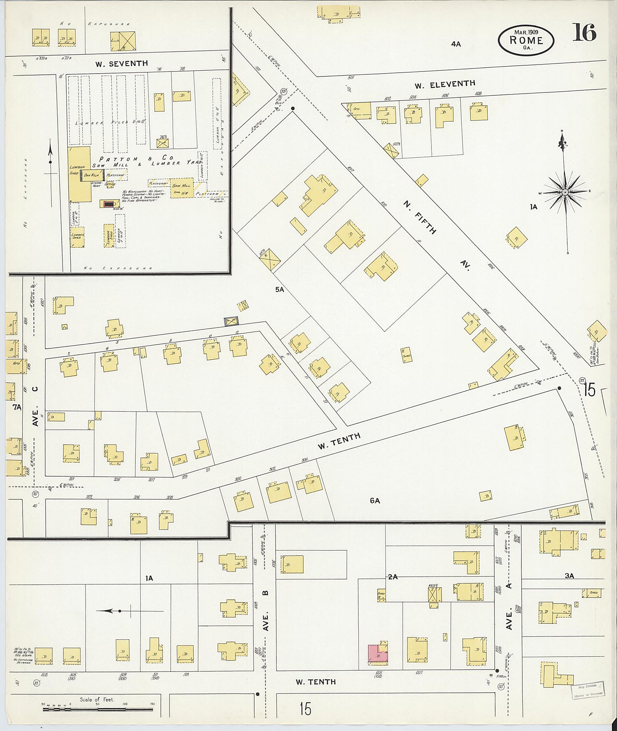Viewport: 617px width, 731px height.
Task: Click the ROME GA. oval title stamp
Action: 526,40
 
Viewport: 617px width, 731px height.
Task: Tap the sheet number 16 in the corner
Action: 584,33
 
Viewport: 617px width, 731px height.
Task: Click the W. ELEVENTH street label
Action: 445,85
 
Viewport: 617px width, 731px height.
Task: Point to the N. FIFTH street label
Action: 420,217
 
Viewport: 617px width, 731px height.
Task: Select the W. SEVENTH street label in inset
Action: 121,64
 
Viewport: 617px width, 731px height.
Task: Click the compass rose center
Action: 565,192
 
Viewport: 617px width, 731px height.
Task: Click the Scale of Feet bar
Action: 98,709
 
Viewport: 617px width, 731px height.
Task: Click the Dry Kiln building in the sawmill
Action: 91,175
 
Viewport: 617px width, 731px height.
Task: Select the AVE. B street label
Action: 266,611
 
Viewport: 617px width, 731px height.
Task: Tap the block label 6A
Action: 375,500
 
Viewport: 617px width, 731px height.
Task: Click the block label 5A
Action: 280,290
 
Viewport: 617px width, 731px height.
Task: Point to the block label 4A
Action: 455,44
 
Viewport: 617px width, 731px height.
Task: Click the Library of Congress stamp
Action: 588,690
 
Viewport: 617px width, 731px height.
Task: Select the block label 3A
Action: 569,576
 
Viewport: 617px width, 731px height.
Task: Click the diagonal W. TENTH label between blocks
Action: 339,441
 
